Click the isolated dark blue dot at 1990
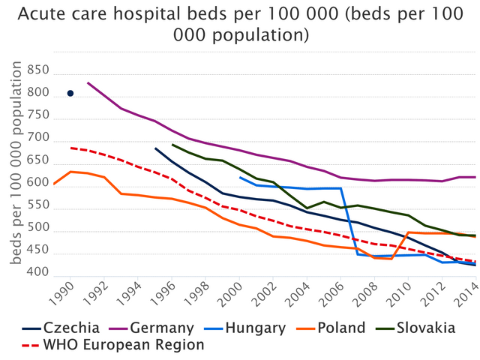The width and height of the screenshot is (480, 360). coord(70,93)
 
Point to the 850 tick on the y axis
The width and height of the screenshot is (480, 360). coord(37,71)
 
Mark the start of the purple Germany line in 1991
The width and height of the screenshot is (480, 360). coord(88,82)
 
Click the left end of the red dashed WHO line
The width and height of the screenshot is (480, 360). coord(70,148)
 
